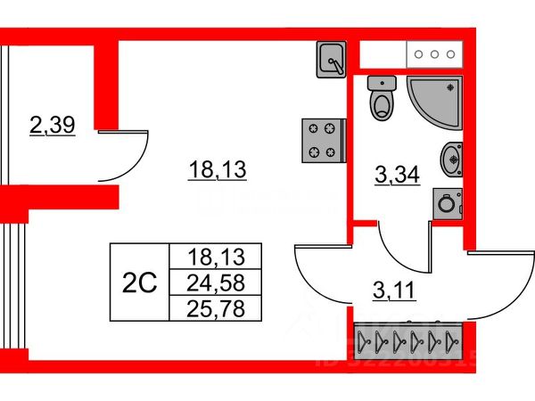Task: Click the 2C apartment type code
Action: coord(138,283)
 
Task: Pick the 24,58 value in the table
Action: coord(214,283)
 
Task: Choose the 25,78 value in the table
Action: coord(214,309)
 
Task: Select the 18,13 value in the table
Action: coord(214,258)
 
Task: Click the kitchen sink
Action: coord(332,59)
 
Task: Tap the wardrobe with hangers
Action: coord(406,340)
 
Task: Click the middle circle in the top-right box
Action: coord(435,54)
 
